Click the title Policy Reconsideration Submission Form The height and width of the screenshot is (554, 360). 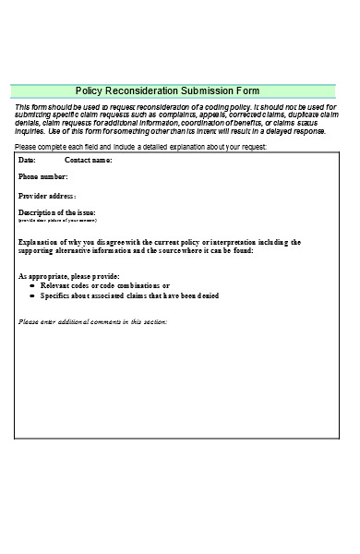[x=167, y=91]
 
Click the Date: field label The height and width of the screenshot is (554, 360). [x=28, y=161]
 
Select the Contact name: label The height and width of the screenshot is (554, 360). [x=88, y=161]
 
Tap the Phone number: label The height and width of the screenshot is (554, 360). [x=43, y=175]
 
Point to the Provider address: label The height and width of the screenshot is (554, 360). [x=47, y=196]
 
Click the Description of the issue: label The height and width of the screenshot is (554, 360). [x=57, y=213]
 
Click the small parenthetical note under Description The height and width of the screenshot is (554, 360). [x=57, y=222]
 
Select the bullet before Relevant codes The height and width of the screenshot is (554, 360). [x=33, y=286]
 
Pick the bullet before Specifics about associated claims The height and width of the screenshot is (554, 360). [x=33, y=296]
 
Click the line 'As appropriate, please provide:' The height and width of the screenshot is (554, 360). [x=69, y=276]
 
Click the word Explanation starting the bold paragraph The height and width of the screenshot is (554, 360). [x=39, y=242]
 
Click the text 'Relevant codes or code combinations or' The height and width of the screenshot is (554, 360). [x=105, y=286]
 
